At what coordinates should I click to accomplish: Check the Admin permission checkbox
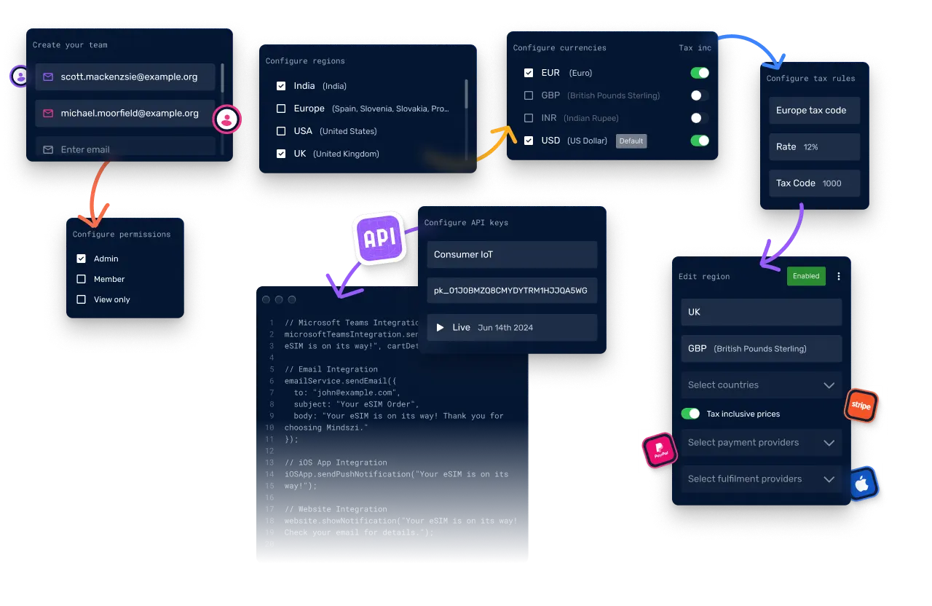pyautogui.click(x=81, y=259)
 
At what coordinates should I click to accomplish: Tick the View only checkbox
pyautogui.click(x=81, y=299)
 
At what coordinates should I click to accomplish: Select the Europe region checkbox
pyautogui.click(x=281, y=109)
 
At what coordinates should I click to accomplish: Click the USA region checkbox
pyautogui.click(x=281, y=131)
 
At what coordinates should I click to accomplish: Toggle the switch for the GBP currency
pyautogui.click(x=699, y=95)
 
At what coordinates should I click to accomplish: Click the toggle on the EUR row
pyautogui.click(x=699, y=73)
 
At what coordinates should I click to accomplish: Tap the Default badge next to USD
pyautogui.click(x=631, y=141)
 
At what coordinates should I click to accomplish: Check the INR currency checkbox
pyautogui.click(x=529, y=118)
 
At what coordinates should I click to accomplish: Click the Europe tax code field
pyautogui.click(x=814, y=111)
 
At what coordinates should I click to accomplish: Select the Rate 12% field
pyautogui.click(x=814, y=147)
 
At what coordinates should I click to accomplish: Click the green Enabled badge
pyautogui.click(x=806, y=276)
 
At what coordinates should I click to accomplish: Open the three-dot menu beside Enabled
pyautogui.click(x=839, y=276)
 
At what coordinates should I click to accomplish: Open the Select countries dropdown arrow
pyautogui.click(x=829, y=385)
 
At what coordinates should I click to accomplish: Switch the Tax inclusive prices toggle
pyautogui.click(x=690, y=414)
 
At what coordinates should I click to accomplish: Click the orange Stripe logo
pyautogui.click(x=861, y=406)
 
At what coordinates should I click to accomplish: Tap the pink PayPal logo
pyautogui.click(x=660, y=450)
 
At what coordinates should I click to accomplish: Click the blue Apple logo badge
pyautogui.click(x=863, y=484)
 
